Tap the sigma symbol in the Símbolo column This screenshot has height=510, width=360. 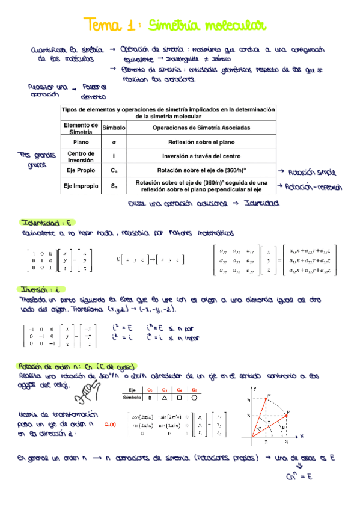point(114,142)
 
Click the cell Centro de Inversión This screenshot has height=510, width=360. point(81,156)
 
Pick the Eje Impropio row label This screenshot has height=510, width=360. point(81,186)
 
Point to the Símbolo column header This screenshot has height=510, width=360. point(114,127)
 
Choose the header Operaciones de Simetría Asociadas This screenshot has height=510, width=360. point(201,127)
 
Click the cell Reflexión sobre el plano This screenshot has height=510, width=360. point(201,142)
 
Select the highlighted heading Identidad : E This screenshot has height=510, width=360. point(46,222)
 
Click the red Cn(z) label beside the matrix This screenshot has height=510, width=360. point(109,424)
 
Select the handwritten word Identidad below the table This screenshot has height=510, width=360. point(262,204)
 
